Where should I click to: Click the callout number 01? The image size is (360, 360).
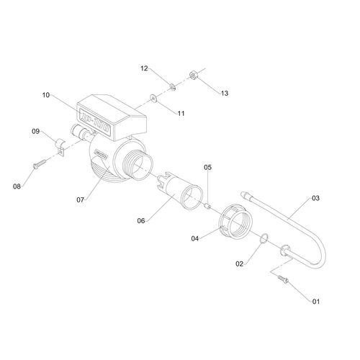[x=316, y=302]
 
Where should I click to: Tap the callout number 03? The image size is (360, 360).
[x=315, y=198]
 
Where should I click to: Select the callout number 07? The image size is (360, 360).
[x=81, y=199]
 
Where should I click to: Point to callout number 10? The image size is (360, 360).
[x=46, y=95]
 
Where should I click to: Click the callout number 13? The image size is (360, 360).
[x=225, y=93]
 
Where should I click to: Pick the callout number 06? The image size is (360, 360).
[x=141, y=221]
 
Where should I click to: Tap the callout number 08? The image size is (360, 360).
[x=17, y=186]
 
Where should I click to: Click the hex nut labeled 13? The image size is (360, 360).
[x=193, y=76]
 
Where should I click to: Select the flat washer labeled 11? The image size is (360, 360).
[x=153, y=97]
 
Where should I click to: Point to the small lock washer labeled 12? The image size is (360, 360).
[x=172, y=86]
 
